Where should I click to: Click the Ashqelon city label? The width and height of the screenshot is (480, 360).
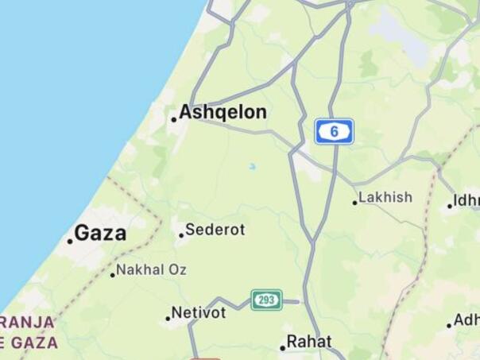223,113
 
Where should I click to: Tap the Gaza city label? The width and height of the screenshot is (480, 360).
100,233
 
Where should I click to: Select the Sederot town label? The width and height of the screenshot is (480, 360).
215,230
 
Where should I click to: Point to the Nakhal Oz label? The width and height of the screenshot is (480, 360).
152,270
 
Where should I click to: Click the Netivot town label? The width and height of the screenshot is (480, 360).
199,312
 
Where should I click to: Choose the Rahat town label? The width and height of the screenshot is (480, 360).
309,341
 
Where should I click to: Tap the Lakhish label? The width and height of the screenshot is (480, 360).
385,197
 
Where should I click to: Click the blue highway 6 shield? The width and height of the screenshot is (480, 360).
334,131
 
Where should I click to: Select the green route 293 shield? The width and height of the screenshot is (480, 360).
267,300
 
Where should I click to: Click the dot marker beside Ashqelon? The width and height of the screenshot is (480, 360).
173,120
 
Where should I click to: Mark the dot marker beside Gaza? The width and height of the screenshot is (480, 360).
70,241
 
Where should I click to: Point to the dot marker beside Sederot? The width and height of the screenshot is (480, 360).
181,235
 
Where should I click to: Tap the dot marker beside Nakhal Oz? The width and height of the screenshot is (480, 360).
113,275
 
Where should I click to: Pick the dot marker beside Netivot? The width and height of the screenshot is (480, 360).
168,319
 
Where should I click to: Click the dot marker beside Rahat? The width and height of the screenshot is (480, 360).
282,348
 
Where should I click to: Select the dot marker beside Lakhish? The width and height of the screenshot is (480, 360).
355,203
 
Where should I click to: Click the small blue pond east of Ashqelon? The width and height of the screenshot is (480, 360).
252,167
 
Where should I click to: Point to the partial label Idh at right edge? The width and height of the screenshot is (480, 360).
466,199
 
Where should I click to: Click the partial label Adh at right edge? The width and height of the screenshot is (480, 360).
466,320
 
